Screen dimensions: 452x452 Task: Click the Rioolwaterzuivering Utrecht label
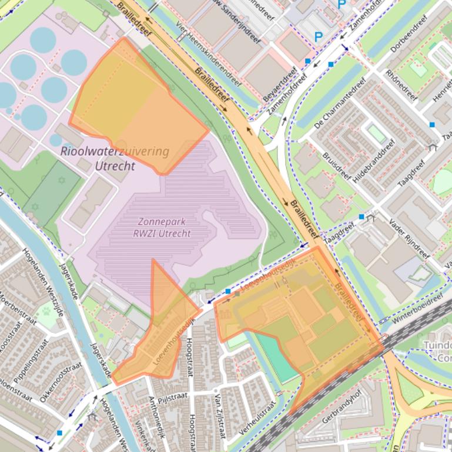(x=115, y=158)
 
